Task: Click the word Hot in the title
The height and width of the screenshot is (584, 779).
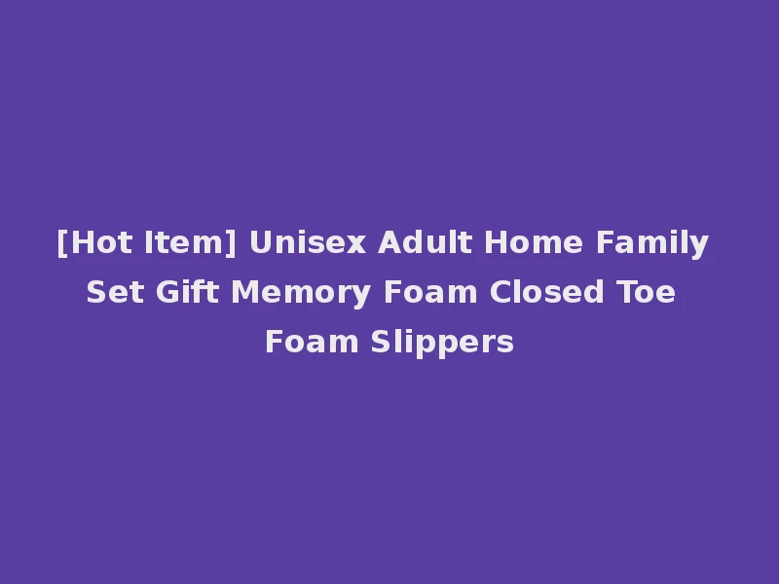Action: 95,243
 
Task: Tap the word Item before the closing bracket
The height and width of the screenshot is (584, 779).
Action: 179,243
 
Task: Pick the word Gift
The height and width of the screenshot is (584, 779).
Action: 184,292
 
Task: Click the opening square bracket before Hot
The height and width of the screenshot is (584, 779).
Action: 61,243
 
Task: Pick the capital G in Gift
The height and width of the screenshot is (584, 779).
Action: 164,292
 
